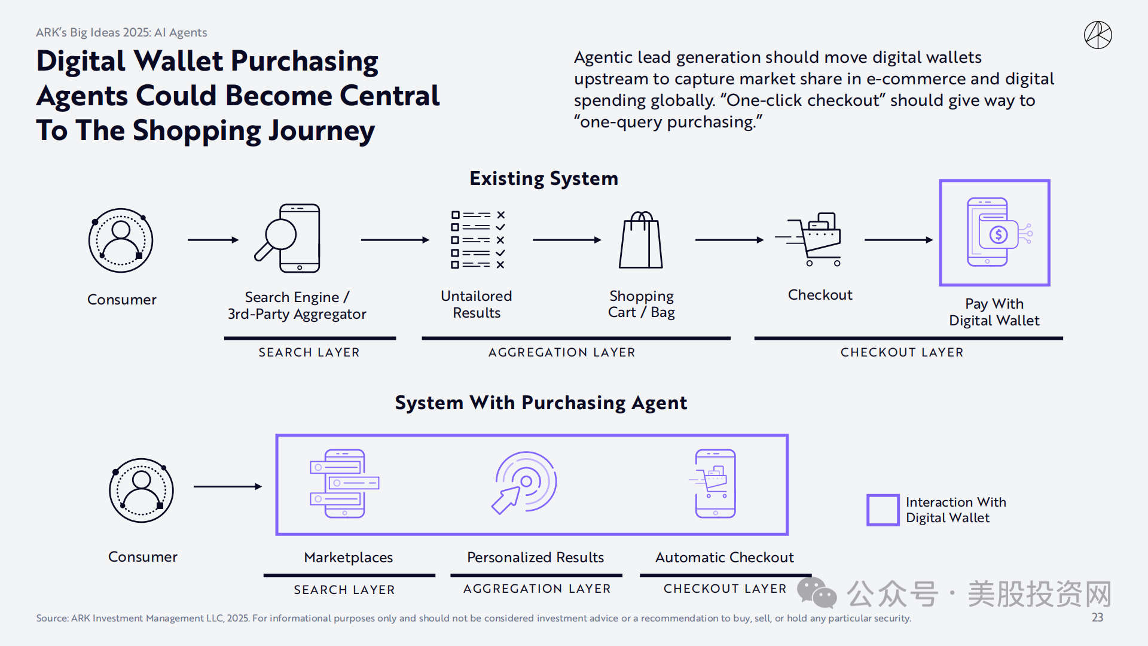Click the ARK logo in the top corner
click(x=1098, y=35)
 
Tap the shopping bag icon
click(x=641, y=240)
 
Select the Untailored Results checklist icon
click(x=478, y=240)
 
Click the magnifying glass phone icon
click(x=289, y=239)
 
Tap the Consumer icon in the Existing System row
click(x=121, y=240)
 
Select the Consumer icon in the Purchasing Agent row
click(x=142, y=490)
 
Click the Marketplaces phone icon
click(x=344, y=483)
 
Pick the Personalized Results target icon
click(x=524, y=483)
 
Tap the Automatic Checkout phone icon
click(x=715, y=483)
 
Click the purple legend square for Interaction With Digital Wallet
click(x=883, y=510)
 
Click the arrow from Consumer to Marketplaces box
click(x=228, y=486)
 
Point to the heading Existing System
click(x=544, y=178)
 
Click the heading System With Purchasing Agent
click(x=541, y=403)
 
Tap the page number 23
click(x=1097, y=617)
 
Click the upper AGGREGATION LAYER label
click(x=561, y=352)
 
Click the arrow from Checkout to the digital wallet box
click(x=899, y=240)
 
